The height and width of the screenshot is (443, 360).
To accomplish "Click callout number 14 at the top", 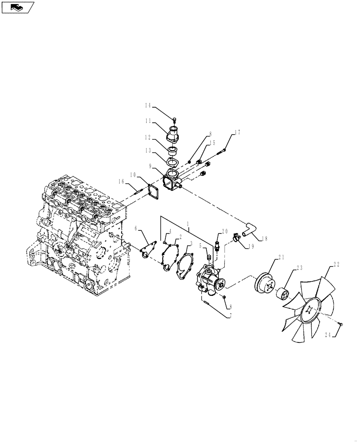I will tap(148, 105).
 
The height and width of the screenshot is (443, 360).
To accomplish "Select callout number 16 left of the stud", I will tap(121, 181).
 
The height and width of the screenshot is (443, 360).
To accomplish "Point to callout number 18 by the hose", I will tap(265, 238).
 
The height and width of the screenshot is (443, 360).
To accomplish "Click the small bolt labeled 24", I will tap(340, 326).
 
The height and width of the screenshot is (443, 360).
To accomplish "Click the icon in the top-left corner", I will tap(18, 7).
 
